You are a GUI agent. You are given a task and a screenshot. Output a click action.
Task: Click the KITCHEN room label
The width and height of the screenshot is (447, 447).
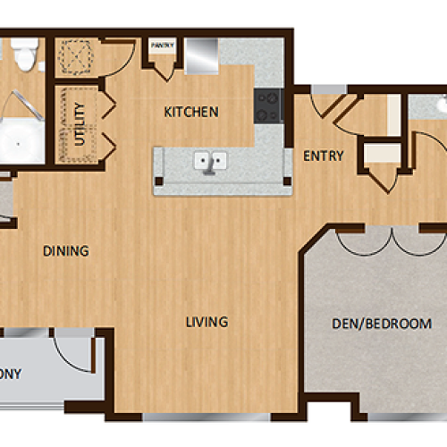click(x=191, y=113)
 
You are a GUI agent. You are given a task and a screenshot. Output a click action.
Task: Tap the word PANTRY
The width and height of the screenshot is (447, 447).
click(x=162, y=44)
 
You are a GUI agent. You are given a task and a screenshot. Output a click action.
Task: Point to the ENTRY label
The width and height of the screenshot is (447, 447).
click(x=323, y=156)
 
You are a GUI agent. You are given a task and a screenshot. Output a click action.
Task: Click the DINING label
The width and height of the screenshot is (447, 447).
click(x=66, y=251)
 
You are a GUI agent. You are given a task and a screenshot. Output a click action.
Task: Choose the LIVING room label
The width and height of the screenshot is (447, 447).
click(x=207, y=322)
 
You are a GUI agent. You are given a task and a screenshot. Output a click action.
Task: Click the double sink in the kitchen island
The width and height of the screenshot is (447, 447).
click(x=212, y=162)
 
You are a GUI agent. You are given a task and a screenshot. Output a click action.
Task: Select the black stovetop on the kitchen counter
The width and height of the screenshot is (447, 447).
click(x=267, y=105)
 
